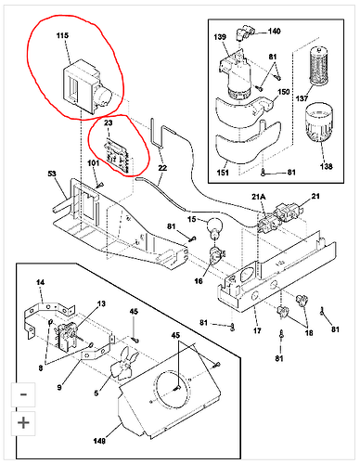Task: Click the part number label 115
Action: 62,35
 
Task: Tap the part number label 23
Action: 108,122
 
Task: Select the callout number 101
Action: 94,163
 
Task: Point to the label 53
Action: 52,174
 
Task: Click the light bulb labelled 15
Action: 214,228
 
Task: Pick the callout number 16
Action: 199,281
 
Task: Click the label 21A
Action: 259,197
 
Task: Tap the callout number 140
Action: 274,31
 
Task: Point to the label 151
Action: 223,173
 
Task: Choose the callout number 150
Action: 284,92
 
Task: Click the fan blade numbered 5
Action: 124,362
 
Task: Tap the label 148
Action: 99,440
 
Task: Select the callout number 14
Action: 40,282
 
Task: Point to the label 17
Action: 257,330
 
